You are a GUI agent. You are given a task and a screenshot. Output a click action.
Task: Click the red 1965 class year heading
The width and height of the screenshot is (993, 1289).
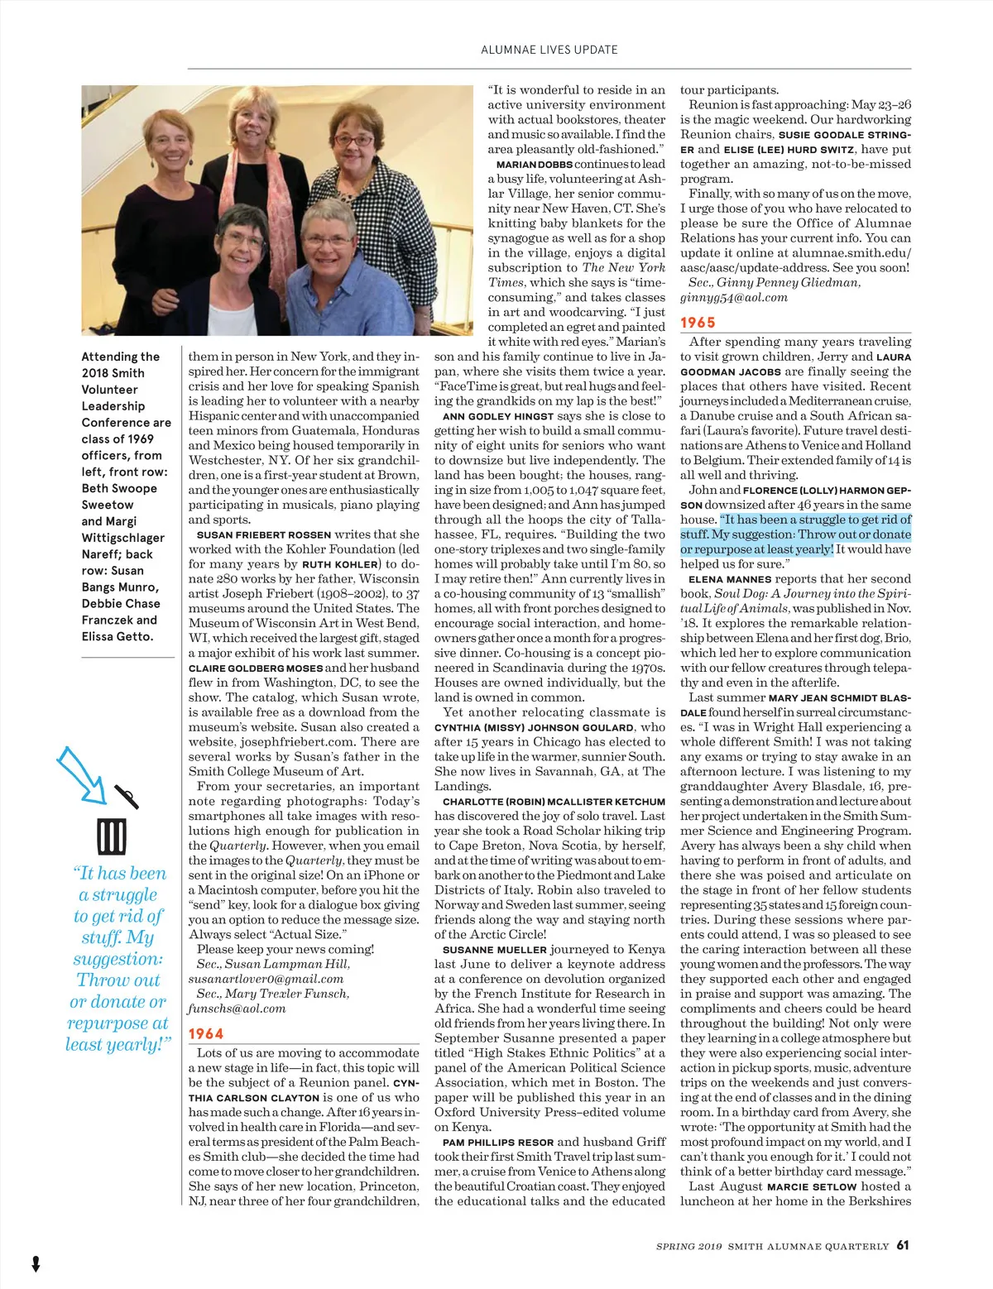[x=698, y=323]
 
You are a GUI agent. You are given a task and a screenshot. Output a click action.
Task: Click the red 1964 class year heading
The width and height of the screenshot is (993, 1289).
[x=205, y=1033]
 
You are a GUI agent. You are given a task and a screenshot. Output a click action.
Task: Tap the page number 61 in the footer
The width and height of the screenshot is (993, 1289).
[x=903, y=1244]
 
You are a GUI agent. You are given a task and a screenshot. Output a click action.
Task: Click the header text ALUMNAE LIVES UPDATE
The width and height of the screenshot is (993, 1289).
[x=549, y=50]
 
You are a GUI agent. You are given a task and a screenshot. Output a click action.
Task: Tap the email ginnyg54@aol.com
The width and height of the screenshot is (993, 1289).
[x=734, y=297]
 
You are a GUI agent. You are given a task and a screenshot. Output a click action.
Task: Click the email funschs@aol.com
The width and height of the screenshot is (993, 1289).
[x=237, y=1009]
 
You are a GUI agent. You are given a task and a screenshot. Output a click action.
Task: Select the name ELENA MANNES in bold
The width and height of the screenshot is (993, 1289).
[x=730, y=579]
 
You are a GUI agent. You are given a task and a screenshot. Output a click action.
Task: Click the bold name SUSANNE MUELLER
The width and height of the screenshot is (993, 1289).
[x=495, y=950]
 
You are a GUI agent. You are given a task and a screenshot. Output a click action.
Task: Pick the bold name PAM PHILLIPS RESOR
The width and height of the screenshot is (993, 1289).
[x=494, y=1143]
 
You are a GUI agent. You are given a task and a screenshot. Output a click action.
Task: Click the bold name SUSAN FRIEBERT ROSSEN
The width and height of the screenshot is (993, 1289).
[x=264, y=534]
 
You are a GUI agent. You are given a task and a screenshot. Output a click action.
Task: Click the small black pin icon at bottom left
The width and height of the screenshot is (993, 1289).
[x=36, y=1263]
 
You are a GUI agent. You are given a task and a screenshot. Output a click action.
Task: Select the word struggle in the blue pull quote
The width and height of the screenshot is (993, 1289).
[x=118, y=894]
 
